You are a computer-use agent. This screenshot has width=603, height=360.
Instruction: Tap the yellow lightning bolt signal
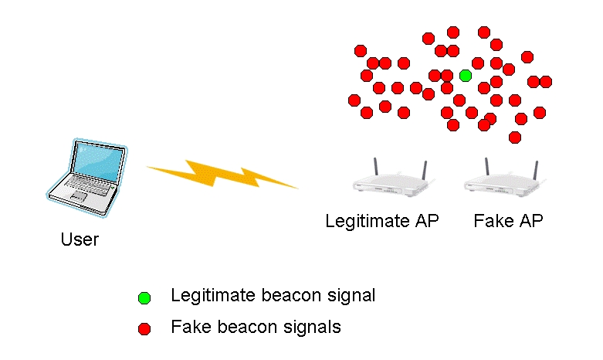click(222, 175)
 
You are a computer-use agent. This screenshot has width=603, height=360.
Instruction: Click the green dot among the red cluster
click(465, 75)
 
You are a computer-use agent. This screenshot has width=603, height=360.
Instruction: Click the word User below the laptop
click(80, 239)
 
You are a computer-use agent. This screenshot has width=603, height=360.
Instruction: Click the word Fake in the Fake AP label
click(491, 221)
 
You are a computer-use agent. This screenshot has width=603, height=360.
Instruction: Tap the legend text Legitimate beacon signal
click(273, 296)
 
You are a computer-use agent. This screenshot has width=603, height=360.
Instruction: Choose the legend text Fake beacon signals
click(256, 328)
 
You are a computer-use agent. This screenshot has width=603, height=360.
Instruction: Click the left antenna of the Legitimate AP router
click(375, 168)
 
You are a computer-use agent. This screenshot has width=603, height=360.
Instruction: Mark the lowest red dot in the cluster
click(515, 137)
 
